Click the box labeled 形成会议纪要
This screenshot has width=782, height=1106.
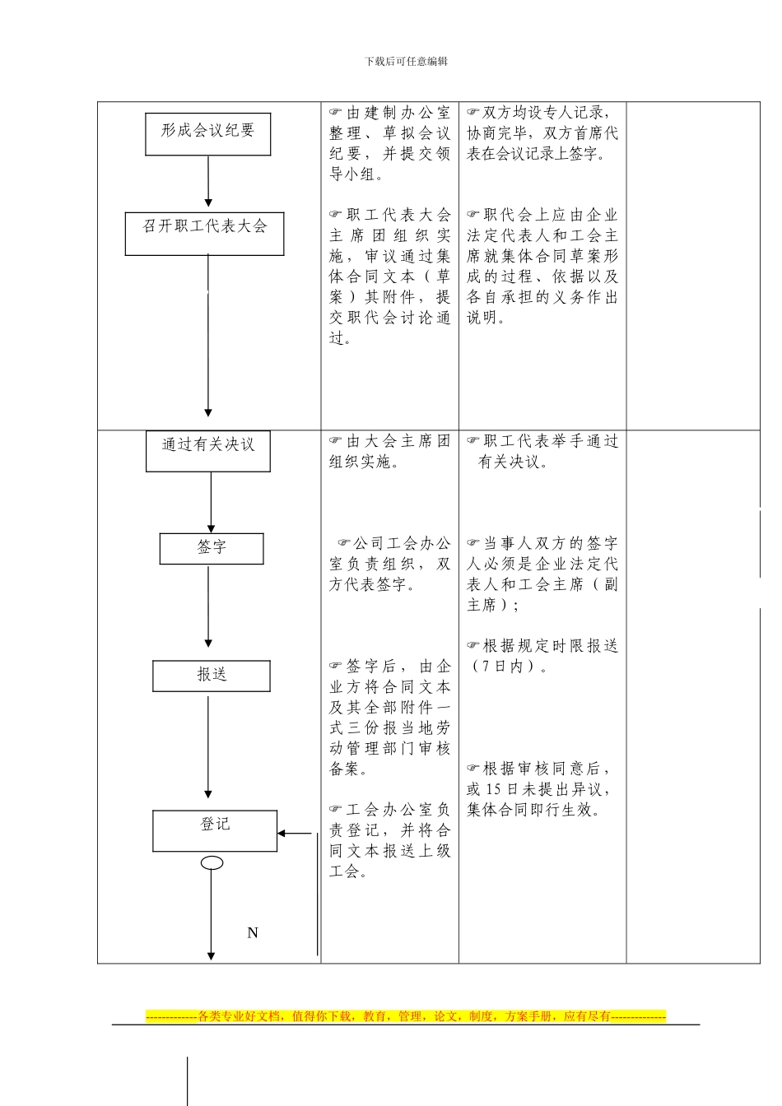207,134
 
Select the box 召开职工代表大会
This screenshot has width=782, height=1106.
204,234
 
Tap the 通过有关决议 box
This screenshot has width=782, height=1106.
207,451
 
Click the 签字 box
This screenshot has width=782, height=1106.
212,549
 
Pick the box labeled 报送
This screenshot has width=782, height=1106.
212,676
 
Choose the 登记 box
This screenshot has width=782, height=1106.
215,830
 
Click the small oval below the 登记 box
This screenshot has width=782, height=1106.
212,862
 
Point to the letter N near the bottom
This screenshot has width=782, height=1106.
253,932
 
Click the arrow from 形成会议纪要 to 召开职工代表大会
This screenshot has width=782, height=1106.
208,181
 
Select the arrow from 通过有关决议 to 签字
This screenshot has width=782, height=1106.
211,502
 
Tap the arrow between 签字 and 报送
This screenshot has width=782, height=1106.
208,606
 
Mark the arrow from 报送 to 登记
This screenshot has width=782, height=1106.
208,745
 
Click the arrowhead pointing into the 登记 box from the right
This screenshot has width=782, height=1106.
282,834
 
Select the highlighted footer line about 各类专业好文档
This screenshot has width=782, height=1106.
406,1016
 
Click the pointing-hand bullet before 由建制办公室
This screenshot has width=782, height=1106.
336,113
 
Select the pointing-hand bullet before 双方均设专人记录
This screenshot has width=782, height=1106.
473,113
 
